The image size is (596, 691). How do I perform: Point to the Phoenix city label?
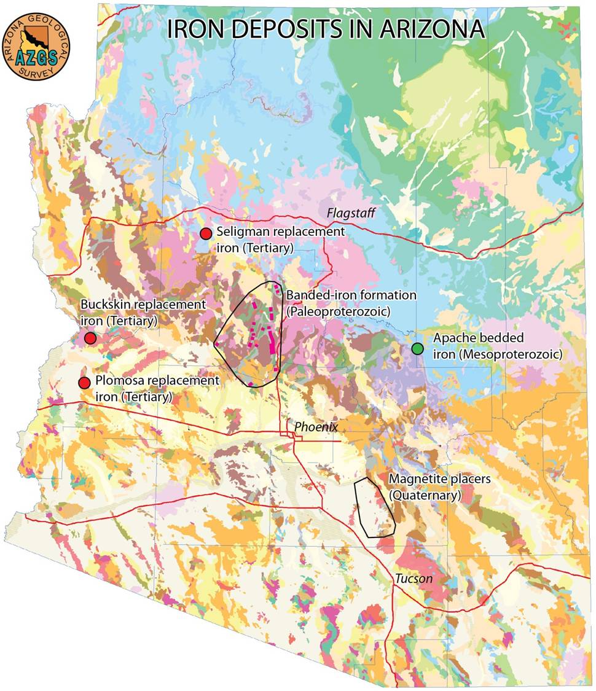(x=316, y=426)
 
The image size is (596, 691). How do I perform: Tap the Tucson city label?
(x=414, y=579)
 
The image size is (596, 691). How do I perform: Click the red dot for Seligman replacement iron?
(x=206, y=233)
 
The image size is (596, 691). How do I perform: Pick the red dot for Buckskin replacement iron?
(x=90, y=338)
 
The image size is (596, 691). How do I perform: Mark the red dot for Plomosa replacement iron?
(x=84, y=383)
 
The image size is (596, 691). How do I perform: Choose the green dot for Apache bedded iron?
(x=418, y=349)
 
